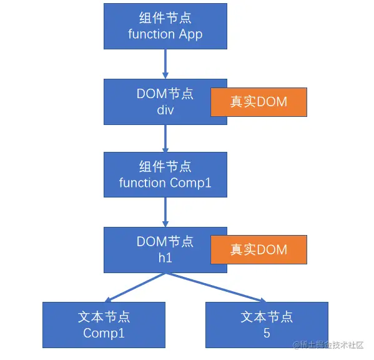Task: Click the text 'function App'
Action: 165,34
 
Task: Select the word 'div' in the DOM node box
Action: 165,110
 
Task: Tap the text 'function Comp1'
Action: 165,183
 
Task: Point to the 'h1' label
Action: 165,258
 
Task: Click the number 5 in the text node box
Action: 267,332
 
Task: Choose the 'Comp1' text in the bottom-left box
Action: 104,333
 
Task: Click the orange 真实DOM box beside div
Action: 258,102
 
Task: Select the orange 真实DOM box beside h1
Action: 258,250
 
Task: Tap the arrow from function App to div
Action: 165,64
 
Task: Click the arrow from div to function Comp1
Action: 165,139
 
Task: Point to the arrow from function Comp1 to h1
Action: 165,212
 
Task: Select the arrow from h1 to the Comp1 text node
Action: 135,287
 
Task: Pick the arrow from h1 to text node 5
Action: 216,287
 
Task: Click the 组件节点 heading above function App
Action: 165,18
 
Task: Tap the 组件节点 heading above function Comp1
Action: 165,167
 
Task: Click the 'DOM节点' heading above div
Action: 165,94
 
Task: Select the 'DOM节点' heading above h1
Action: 165,241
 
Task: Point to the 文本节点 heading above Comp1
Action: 104,317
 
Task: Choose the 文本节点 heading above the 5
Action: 267,317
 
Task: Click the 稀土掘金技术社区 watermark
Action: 328,345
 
